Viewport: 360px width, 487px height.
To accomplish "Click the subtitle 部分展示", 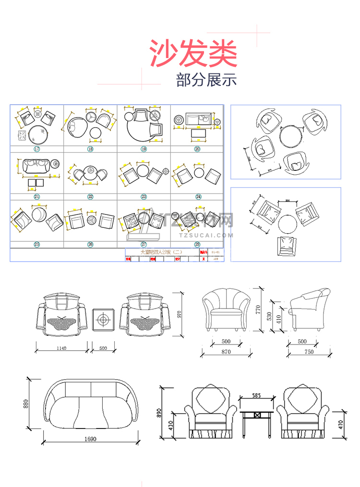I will click(x=206, y=80).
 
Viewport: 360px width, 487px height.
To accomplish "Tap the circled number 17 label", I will click(x=37, y=149).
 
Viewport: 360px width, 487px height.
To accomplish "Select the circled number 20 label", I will click(x=197, y=149).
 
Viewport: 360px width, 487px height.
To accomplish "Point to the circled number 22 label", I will click(x=90, y=197).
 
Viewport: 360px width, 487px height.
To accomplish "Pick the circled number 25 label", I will click(x=37, y=244).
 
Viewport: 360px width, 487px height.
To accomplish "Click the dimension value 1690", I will click(x=90, y=439).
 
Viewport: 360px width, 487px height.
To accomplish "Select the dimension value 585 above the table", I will click(x=256, y=396).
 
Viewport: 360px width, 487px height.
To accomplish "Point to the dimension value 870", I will click(x=226, y=352).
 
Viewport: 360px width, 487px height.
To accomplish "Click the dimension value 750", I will click(x=309, y=352).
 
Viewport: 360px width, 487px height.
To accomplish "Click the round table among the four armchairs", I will click(x=291, y=136).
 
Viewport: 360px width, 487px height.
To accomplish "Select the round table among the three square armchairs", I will click(x=287, y=224).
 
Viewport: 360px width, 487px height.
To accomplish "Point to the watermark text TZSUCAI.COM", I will click(x=205, y=236).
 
